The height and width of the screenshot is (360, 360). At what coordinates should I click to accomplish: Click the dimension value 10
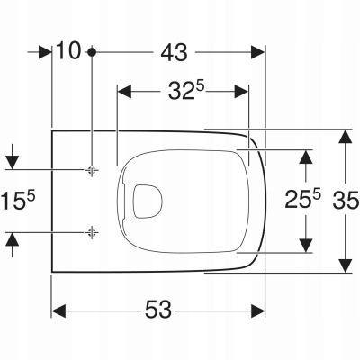pyautogui.click(x=68, y=52)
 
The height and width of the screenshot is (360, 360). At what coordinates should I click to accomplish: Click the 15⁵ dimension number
pyautogui.click(x=16, y=200)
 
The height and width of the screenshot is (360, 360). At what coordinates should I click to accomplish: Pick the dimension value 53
pyautogui.click(x=158, y=310)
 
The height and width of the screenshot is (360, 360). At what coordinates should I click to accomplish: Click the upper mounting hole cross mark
pyautogui.click(x=92, y=169)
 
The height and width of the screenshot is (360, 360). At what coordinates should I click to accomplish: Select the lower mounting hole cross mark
pyautogui.click(x=92, y=231)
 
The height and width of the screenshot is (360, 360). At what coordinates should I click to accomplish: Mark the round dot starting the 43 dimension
pyautogui.click(x=92, y=52)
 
